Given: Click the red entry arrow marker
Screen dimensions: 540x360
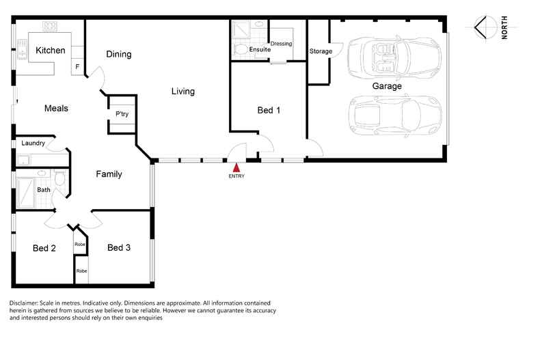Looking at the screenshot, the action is (237, 167).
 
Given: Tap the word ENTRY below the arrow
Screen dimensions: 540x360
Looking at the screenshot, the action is (237, 176).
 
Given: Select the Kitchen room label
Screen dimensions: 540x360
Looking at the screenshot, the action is (51, 51).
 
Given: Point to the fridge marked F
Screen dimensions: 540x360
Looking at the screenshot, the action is (77, 66).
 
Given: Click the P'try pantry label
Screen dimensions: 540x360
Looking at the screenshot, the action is (122, 114).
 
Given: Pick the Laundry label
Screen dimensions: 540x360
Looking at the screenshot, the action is (33, 143).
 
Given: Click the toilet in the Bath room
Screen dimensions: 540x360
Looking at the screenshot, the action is (60, 178).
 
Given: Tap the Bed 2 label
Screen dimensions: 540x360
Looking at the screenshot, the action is (44, 248).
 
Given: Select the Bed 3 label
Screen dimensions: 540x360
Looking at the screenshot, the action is (119, 247).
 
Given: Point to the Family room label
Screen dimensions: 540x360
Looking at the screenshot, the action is (109, 174).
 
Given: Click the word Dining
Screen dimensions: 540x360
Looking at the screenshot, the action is (119, 55).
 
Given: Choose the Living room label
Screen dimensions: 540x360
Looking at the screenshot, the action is (183, 92).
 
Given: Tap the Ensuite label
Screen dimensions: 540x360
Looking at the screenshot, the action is (260, 50).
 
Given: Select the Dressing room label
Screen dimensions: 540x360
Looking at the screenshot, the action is (281, 44).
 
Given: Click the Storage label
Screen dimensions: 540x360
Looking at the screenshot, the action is (321, 51).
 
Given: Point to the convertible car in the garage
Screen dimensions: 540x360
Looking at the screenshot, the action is (394, 57).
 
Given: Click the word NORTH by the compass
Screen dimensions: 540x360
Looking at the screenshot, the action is (504, 27).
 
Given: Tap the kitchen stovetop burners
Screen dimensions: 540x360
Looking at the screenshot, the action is (50, 26).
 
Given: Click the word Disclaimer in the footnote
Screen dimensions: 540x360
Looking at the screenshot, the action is (23, 303).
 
